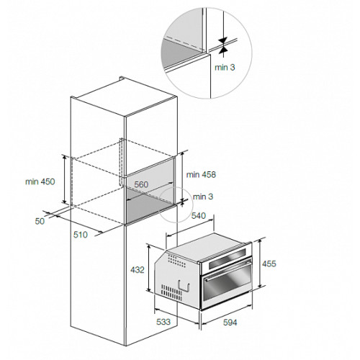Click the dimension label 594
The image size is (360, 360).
point(230,323)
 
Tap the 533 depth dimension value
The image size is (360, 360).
point(163,322)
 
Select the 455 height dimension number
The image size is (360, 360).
point(269,264)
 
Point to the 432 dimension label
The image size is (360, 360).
point(138,270)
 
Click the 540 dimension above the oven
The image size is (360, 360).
point(199,216)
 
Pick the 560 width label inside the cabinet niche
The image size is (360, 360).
point(141,184)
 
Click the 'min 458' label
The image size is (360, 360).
point(201,174)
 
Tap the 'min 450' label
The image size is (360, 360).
point(40,181)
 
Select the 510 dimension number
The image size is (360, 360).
point(81,235)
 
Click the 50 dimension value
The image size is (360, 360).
point(40,221)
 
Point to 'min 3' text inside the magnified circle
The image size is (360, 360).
point(225,68)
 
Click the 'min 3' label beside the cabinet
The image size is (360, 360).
point(203,197)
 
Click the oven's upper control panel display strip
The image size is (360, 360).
point(228,258)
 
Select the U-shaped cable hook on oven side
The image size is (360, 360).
point(184,287)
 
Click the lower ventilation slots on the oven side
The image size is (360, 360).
point(171,293)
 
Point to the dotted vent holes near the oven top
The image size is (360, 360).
point(176,261)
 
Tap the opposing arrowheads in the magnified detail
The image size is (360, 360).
point(223,45)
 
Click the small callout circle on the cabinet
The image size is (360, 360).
point(176,204)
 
